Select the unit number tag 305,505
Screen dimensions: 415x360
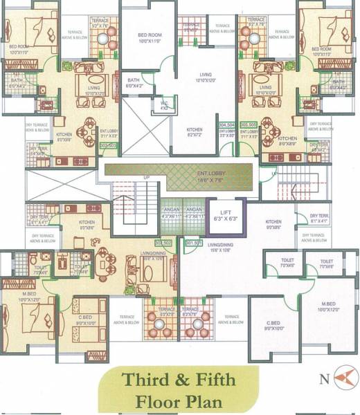249,125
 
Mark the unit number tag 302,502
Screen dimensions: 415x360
163,243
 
